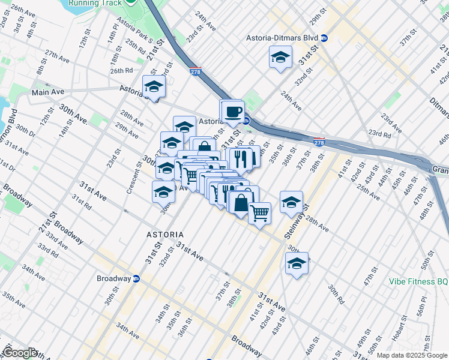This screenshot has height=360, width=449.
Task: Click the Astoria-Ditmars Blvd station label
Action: pyautogui.click(x=282, y=37)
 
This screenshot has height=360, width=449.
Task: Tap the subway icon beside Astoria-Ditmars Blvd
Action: pyautogui.click(x=324, y=37)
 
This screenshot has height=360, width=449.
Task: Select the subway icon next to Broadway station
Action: pyautogui.click(x=136, y=278)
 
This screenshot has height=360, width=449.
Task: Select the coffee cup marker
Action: pyautogui.click(x=233, y=111)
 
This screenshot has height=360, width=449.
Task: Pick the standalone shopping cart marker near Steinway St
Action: pyautogui.click(x=259, y=212)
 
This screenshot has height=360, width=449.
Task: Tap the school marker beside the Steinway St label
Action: pyautogui.click(x=291, y=202)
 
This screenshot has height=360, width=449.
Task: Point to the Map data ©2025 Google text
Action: pyautogui.click(x=411, y=355)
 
